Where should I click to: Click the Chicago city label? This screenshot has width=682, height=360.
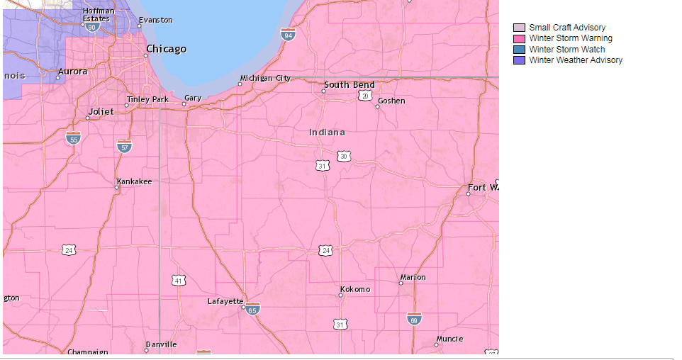pos(166,49)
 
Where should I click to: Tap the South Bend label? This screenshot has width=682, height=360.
pos(349,85)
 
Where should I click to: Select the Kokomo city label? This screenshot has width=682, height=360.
pos(355,289)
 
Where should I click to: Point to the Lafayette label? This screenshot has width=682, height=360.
pos(225,301)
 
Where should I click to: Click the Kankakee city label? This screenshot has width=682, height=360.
pos(134,181)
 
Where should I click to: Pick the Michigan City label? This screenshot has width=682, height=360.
pos(265,78)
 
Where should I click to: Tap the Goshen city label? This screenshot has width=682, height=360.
pos(391,101)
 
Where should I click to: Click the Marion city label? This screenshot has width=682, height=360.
pos(413,277)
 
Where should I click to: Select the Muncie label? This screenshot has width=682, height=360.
pos(449,339)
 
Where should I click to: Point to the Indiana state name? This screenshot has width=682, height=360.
pos(327,133)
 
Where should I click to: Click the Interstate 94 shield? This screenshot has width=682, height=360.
pos(287,35)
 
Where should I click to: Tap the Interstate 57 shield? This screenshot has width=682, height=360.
pos(124,147)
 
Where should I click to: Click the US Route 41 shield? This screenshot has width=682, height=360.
pos(178,281)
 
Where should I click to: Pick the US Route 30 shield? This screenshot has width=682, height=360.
pos(343,156)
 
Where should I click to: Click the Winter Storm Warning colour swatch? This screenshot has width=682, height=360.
pos(519,38)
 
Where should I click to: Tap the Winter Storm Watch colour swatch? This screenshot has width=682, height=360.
pos(519,50)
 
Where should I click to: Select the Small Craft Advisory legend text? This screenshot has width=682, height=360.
pos(567,28)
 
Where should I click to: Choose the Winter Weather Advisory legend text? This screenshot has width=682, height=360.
pos(576,60)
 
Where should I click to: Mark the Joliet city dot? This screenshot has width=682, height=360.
pos(87,118)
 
